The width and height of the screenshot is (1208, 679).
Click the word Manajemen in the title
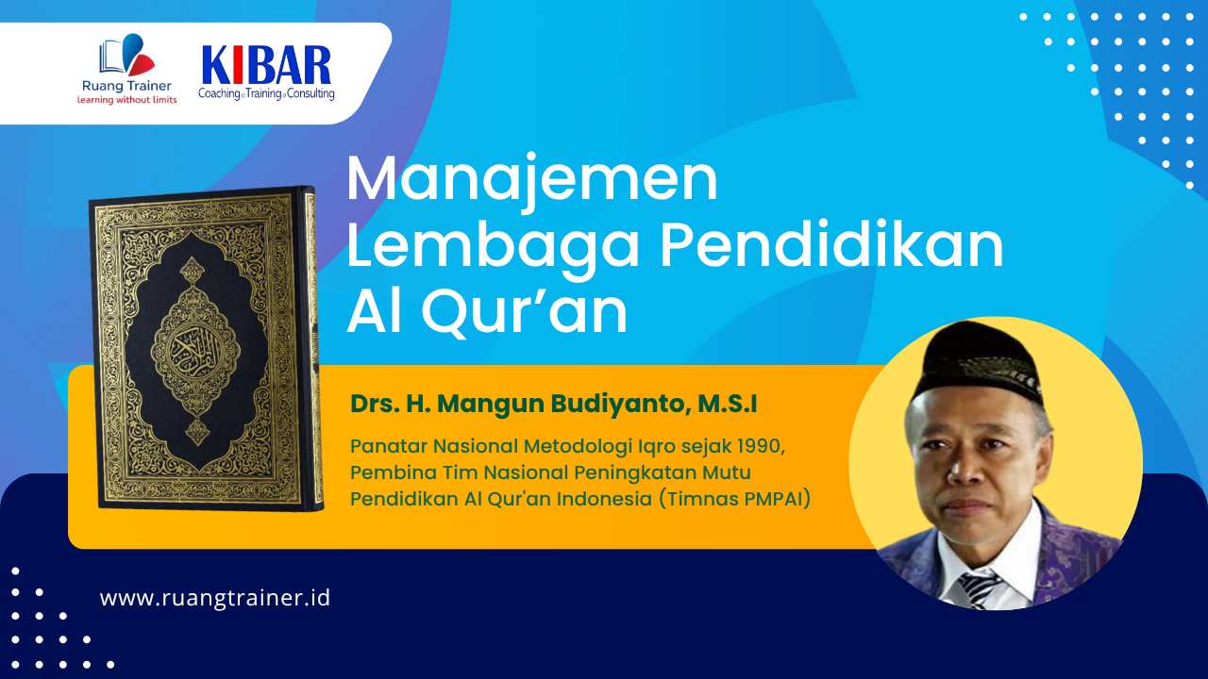(x=532, y=178)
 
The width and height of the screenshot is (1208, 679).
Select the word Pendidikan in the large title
(x=832, y=244)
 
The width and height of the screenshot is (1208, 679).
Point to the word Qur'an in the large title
(x=525, y=311)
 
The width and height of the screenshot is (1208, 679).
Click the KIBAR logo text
(x=266, y=65)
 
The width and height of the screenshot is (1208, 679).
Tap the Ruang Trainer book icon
(x=126, y=55)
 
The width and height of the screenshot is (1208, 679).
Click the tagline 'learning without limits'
(x=126, y=100)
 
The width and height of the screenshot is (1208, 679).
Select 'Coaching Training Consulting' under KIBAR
(x=266, y=93)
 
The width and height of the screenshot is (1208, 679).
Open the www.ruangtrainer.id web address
(x=215, y=598)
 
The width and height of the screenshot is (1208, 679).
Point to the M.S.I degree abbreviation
(x=728, y=405)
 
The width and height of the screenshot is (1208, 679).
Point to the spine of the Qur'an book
(x=310, y=349)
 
